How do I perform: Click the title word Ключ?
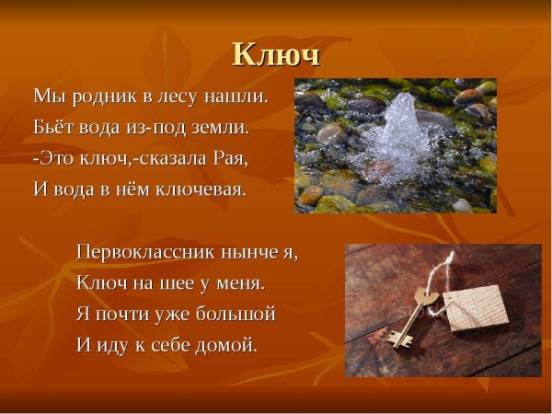276,54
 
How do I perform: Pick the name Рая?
230,157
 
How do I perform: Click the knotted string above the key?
447,267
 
